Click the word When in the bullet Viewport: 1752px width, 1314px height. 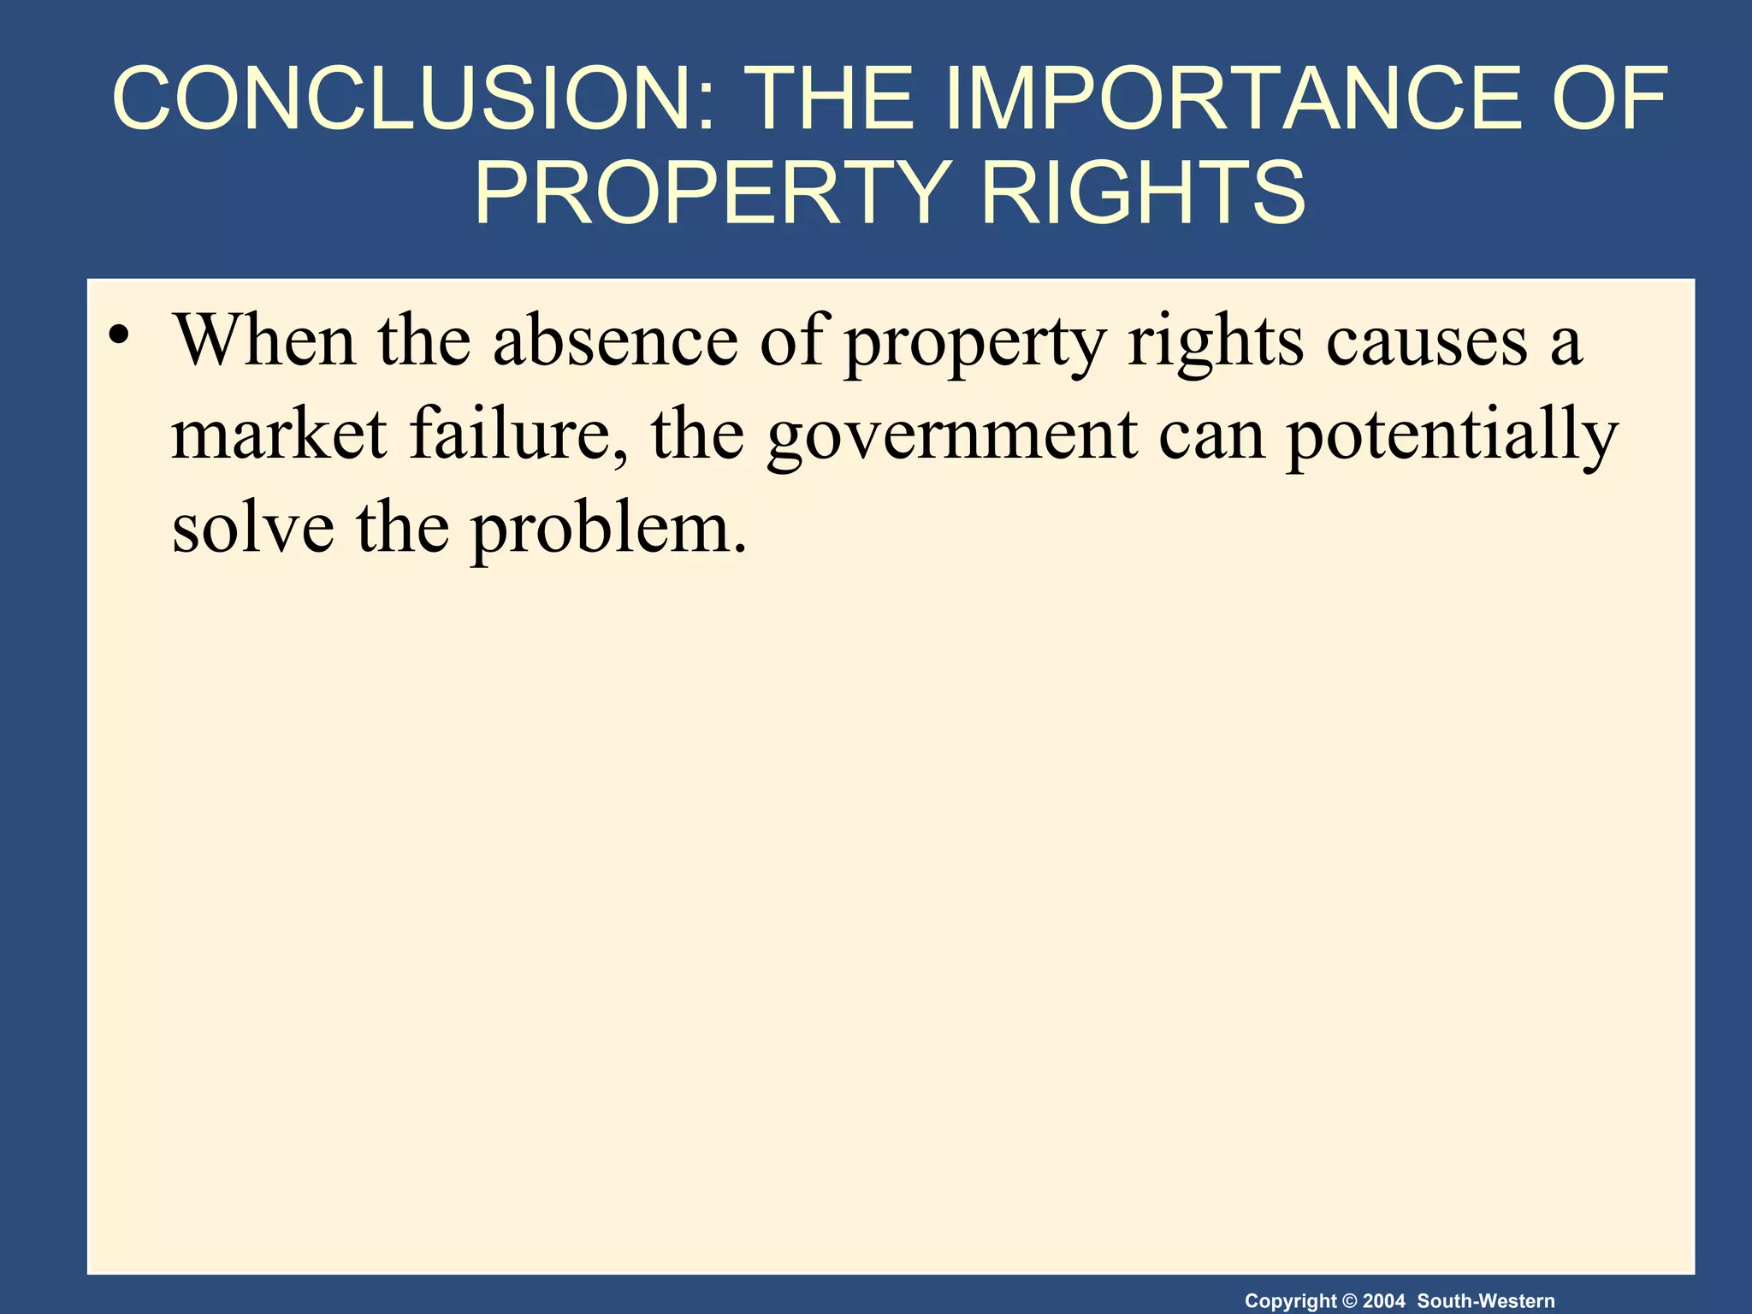coord(264,340)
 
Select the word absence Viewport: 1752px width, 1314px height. coord(615,340)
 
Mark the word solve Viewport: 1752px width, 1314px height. coord(253,528)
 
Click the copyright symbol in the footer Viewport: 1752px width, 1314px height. coord(1350,1301)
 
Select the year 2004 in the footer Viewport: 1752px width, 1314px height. coord(1383,1301)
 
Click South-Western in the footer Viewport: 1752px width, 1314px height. coord(1486,1301)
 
